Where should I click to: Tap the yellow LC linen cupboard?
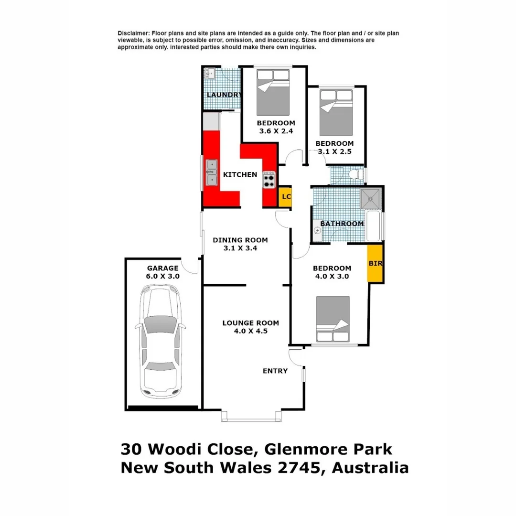285,197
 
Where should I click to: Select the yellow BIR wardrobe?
375,263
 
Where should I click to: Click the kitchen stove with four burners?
269,179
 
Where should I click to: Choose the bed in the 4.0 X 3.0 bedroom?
333,319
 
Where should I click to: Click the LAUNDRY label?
223,95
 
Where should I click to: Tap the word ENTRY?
275,371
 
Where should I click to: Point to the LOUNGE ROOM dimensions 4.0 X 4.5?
250,331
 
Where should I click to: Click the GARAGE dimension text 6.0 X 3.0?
162,276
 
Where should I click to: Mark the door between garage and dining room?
192,267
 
